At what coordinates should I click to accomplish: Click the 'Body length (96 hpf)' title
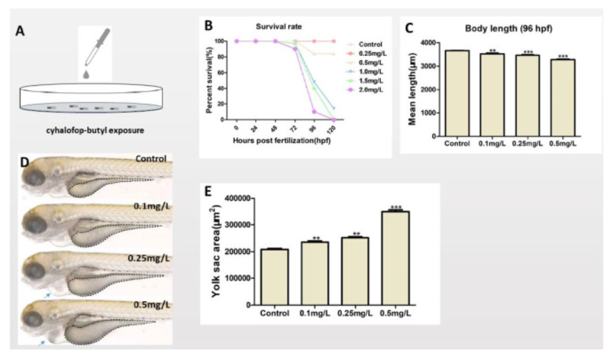point(505,29)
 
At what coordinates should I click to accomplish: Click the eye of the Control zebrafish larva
point(35,175)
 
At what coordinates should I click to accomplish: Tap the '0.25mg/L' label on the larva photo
point(148,258)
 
